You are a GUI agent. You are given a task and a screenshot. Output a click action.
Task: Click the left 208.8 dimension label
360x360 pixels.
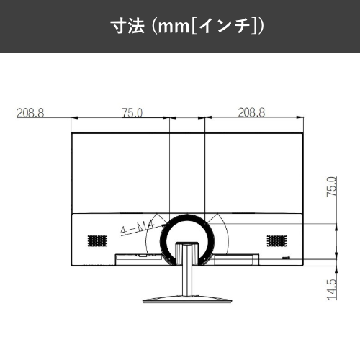tap(30, 113)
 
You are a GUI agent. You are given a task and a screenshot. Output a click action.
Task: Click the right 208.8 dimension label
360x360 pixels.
tap(251, 112)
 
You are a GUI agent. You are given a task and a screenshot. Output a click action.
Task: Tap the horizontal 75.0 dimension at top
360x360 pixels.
tap(132, 113)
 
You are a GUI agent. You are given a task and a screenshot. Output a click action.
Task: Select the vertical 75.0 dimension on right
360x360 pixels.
tap(332, 187)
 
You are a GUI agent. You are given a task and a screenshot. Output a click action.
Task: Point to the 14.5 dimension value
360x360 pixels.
tap(332, 289)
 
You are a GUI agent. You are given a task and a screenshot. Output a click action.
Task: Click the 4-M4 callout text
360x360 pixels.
tap(137, 228)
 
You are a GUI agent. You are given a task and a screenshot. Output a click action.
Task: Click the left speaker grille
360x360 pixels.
tap(97, 241)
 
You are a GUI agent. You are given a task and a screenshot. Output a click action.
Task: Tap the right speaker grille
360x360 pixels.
tap(276, 241)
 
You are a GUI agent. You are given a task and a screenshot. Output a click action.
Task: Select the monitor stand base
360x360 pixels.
tap(187, 300)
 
